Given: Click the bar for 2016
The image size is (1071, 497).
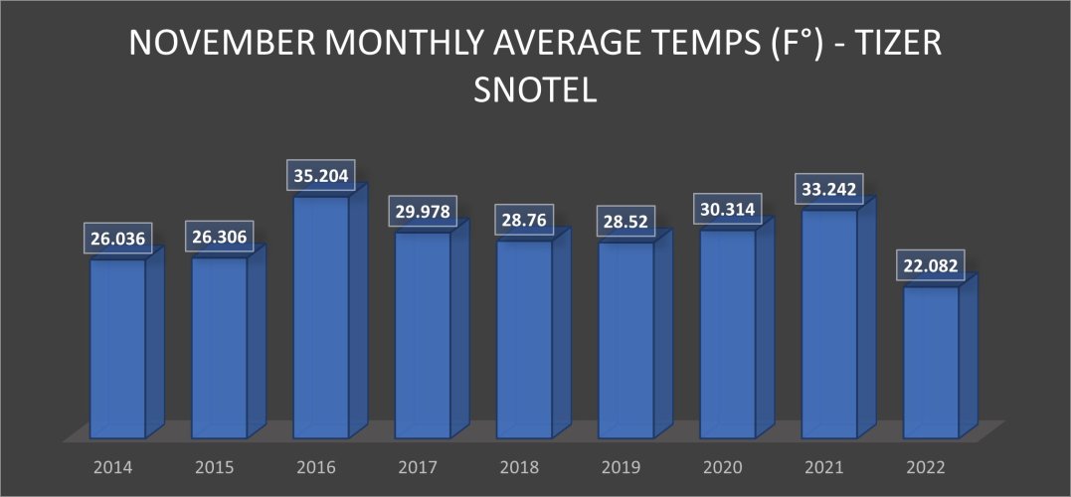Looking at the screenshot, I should point(321,318).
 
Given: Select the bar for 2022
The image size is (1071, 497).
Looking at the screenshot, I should point(931,363).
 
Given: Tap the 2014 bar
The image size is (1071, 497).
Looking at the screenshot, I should point(117,348).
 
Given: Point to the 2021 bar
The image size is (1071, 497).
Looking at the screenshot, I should point(829,324).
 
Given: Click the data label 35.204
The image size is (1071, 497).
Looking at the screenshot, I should point(321,175).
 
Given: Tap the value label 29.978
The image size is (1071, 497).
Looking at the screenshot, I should point(423,213).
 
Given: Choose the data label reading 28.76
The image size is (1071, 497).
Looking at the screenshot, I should point(524,220).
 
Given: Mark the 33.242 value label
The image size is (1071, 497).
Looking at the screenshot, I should point(829,189).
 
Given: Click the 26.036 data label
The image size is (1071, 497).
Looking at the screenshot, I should point(117,239).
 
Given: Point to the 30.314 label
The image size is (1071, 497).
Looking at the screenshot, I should point(728,209).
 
